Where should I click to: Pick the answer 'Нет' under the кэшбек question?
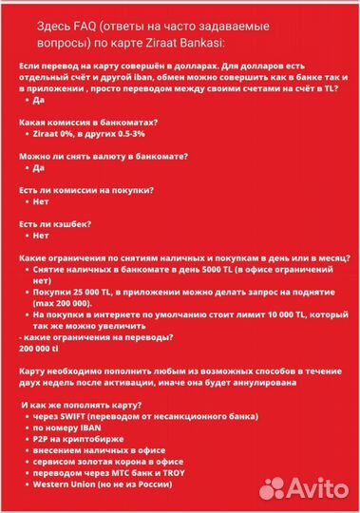tap(39, 234)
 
